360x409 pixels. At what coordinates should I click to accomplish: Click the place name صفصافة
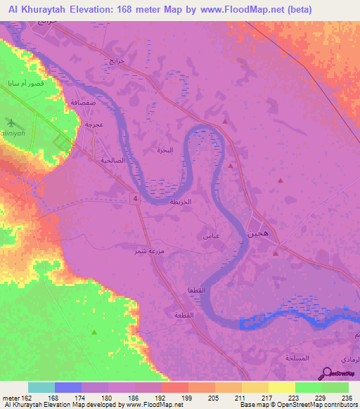[x=83, y=103]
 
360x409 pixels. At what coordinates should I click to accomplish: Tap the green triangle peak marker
[x=94, y=331]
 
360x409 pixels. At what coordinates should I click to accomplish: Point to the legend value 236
[x=345, y=398]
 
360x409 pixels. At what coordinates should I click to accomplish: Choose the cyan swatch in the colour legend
[x=41, y=387]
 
